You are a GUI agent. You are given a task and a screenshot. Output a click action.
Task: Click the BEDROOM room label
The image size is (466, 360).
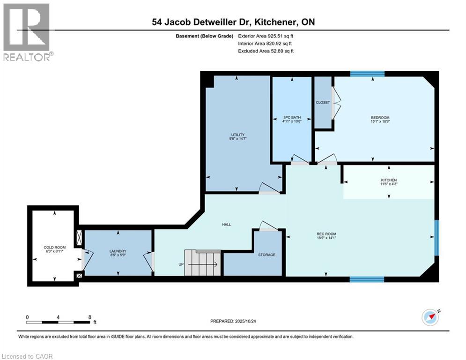click(380, 118)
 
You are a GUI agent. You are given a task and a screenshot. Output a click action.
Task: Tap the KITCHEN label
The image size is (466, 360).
click(388, 180)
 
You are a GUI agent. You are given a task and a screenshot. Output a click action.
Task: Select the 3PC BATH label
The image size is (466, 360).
click(291, 118)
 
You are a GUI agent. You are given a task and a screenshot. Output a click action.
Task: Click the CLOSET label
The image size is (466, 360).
click(323, 103)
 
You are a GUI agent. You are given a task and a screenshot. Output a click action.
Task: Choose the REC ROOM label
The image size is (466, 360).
click(326, 234)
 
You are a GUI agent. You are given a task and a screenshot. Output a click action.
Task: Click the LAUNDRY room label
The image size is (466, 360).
click(118, 251)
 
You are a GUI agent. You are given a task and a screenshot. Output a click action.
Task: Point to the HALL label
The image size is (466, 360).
click(226, 225)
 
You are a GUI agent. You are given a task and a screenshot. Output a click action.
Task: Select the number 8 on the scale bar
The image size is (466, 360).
click(89, 317)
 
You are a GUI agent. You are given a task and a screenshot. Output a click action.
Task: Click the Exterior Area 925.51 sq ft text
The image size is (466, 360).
click(266, 36)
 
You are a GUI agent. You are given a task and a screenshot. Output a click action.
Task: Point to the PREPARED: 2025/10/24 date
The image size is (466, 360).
click(237, 321)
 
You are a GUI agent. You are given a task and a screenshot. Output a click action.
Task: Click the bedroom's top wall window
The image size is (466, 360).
click(367, 74)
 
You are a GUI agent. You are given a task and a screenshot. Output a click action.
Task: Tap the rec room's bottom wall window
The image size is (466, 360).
click(367, 279)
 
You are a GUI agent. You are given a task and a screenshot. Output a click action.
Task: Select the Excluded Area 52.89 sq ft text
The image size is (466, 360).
click(266, 51)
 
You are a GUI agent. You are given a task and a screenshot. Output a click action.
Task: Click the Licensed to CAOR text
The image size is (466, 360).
click(27, 356)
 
